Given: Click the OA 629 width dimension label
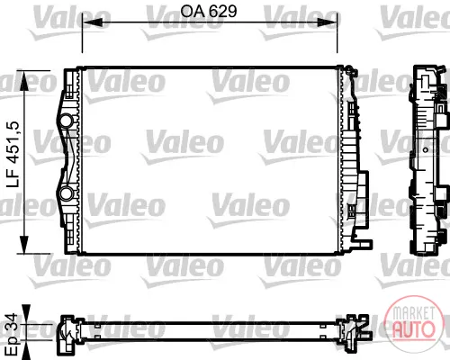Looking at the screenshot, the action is click(209, 12).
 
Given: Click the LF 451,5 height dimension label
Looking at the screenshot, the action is click(13, 155).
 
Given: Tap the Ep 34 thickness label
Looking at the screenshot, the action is click(12, 334).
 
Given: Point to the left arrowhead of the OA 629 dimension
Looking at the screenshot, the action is click(93, 22).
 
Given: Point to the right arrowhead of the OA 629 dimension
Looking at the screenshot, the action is click(328, 22).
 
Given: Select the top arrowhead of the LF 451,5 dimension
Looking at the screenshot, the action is click(23, 80).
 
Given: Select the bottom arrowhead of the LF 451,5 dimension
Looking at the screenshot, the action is click(23, 244).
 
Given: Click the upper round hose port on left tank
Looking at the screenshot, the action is click(66, 121).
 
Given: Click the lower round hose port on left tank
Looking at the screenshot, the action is click(65, 193).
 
